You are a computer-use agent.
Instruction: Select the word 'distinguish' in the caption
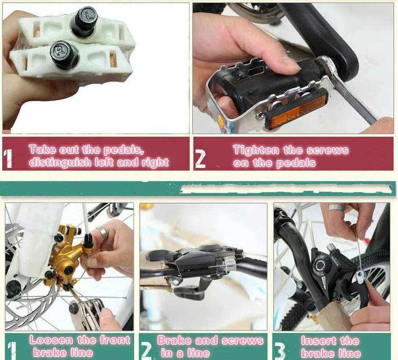point(60,162)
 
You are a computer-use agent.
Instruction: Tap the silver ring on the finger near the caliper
point(101,231)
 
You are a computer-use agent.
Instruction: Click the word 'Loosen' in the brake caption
point(51,340)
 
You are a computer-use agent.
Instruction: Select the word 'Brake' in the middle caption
point(174,340)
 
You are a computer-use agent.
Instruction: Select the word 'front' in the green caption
point(115,340)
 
